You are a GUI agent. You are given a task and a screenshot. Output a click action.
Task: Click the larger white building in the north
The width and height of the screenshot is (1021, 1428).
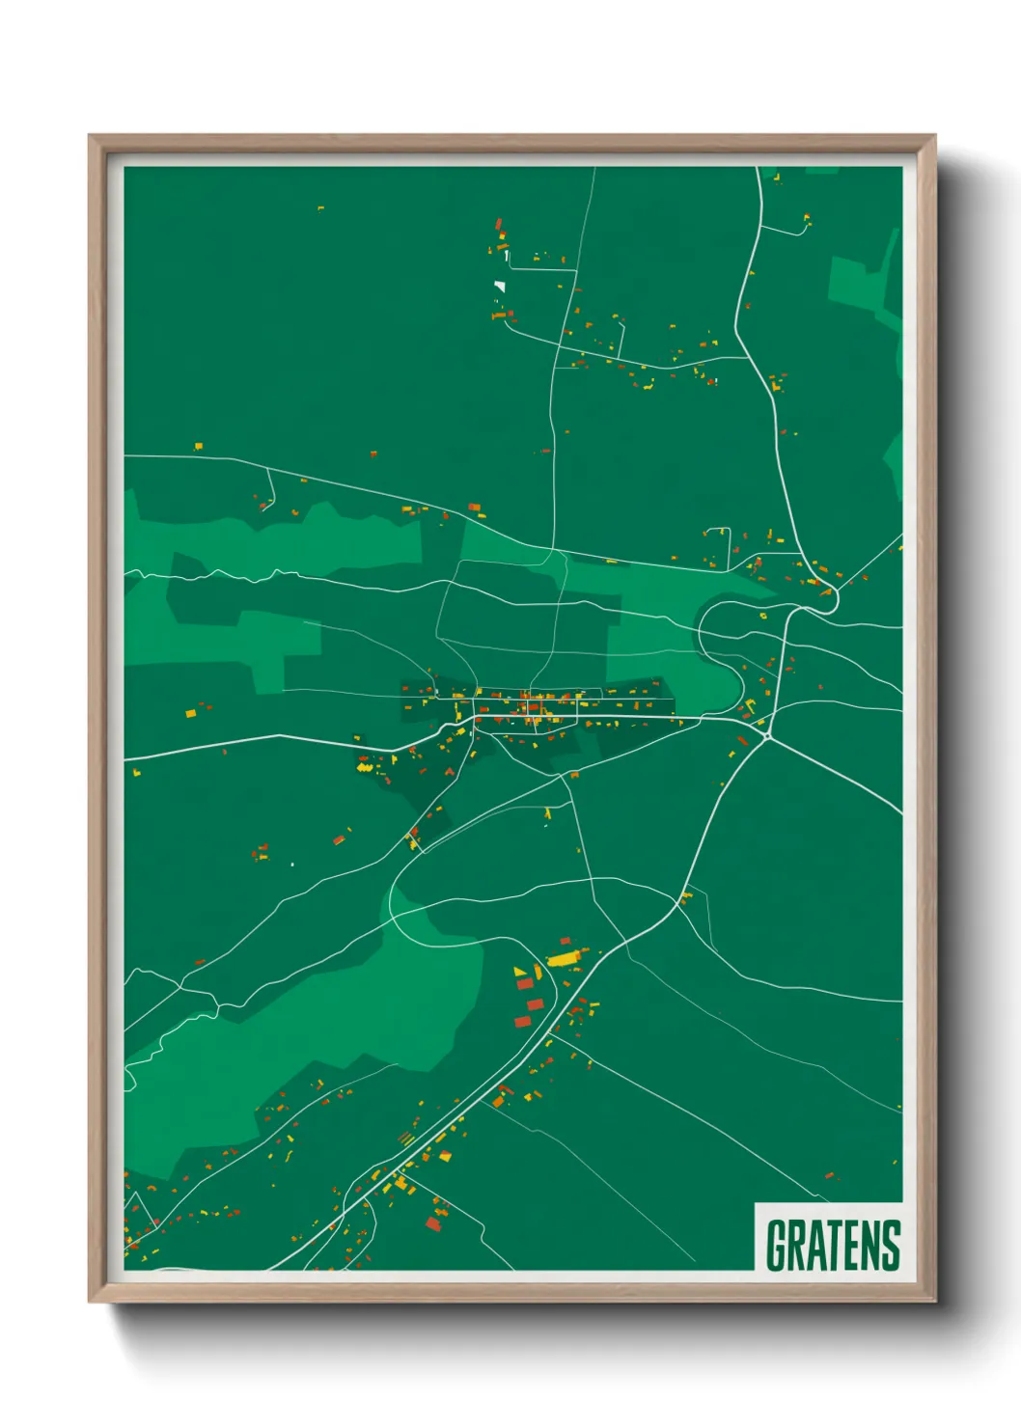click(x=499, y=286)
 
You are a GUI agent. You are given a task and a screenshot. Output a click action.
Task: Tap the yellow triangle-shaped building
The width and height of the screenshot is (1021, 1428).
click(x=519, y=971)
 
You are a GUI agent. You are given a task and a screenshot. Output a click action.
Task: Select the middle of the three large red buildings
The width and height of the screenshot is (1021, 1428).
click(x=535, y=1004)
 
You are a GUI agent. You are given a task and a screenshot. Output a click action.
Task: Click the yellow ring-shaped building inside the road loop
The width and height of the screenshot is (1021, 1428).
click(x=762, y=615)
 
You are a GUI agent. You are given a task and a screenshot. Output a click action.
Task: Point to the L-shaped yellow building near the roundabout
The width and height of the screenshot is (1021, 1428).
click(x=746, y=707)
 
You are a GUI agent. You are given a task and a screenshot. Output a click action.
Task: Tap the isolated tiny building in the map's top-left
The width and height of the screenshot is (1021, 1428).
click(x=320, y=207)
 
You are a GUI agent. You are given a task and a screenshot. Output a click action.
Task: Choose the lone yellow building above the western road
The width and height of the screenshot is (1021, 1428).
click(x=199, y=446)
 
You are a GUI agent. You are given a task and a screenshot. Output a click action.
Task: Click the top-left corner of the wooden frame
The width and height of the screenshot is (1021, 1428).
click(x=90, y=136)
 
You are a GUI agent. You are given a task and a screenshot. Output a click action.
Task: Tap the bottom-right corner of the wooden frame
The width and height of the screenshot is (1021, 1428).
click(x=934, y=1302)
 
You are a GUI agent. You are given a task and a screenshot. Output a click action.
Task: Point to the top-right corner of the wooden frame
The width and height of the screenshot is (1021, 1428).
click(x=934, y=136)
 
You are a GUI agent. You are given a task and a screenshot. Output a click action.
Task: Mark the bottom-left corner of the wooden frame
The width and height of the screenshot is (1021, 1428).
click(x=90, y=1302)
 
